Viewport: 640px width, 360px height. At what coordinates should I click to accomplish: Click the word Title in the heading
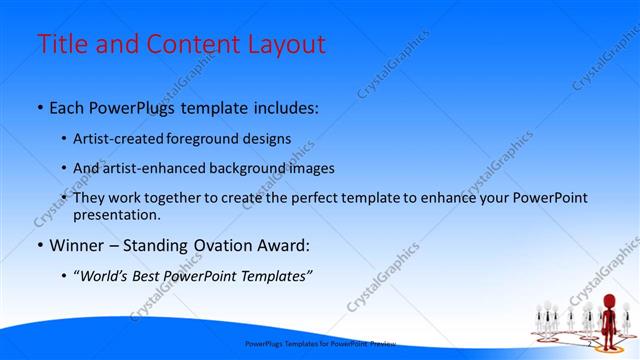pos(62,45)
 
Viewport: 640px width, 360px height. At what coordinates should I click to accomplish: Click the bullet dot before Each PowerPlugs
pos(38,107)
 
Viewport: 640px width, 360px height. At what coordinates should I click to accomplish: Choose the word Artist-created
pos(117,138)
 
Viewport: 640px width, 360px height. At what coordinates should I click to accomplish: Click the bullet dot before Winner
pos(38,245)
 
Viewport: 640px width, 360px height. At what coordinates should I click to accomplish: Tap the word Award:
pos(283,245)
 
